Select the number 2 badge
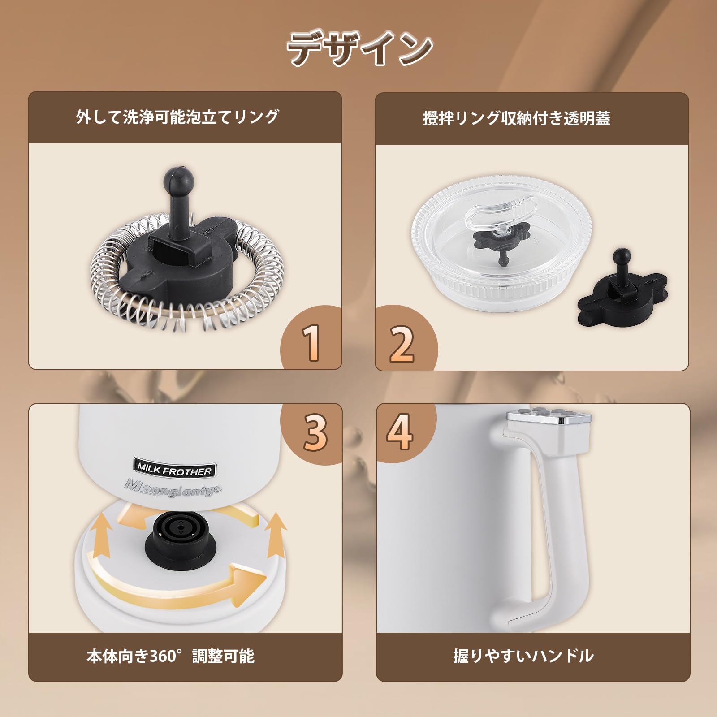[402, 344]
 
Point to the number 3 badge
[315, 432]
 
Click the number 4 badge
[400, 431]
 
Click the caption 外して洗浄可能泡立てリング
[178, 117]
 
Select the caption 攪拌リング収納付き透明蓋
[516, 118]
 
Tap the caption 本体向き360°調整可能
[170, 657]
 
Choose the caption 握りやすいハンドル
[523, 656]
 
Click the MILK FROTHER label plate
[174, 469]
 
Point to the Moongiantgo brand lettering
[173, 488]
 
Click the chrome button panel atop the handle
[549, 417]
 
